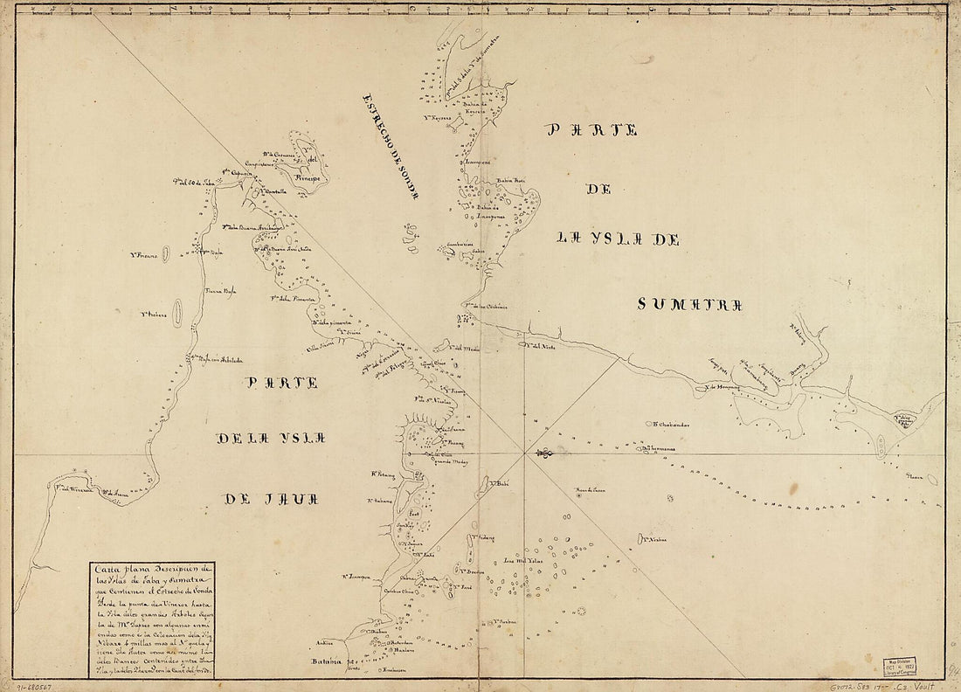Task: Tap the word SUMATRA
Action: click(x=689, y=304)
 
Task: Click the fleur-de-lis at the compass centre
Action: click(x=543, y=453)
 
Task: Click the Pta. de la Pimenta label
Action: click(x=287, y=300)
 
